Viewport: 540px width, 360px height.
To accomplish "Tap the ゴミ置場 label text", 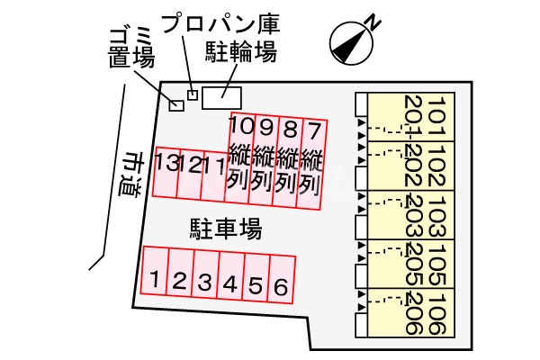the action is click(131, 48).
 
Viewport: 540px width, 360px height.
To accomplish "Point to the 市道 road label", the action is click(133, 175).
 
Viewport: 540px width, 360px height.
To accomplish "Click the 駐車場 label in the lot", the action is click(225, 229).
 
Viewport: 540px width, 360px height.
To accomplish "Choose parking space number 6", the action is click(282, 287).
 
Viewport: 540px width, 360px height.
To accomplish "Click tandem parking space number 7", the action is click(311, 159).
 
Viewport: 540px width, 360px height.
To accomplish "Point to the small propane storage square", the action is click(192, 94).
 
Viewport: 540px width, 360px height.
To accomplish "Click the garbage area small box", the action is click(176, 105).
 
